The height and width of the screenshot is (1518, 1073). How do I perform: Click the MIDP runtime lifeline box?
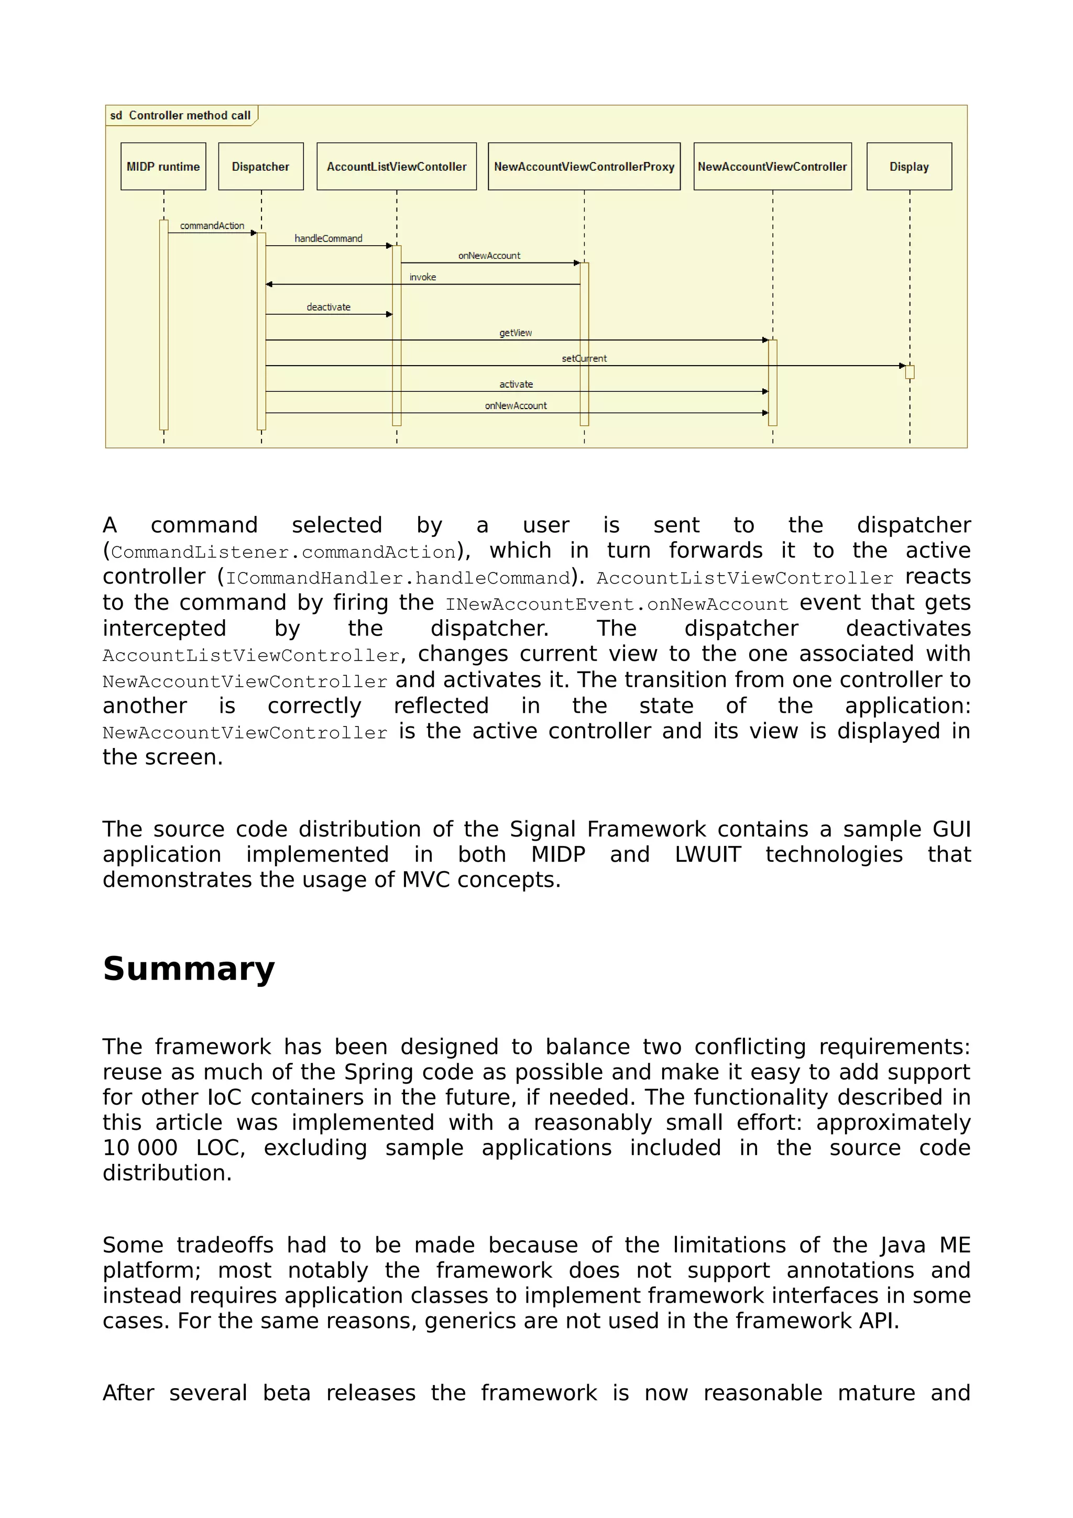(163, 167)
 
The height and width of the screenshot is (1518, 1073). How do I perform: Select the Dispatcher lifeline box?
(260, 167)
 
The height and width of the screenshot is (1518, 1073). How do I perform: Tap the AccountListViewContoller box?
(396, 167)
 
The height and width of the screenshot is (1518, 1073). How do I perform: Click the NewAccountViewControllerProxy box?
(584, 167)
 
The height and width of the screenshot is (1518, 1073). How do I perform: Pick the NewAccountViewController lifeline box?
(772, 167)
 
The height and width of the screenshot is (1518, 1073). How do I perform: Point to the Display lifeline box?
(909, 167)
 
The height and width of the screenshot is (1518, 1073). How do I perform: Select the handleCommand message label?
(329, 239)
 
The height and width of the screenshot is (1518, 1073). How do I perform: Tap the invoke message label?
(422, 277)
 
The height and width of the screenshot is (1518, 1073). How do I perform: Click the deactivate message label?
(329, 307)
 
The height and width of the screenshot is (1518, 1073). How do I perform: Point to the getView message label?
(516, 333)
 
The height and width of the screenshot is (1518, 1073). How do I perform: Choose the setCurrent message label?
(584, 358)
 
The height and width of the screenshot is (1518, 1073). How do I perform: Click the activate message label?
(516, 384)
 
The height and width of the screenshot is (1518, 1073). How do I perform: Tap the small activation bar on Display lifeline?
(910, 372)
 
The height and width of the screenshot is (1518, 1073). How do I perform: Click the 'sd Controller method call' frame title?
(180, 115)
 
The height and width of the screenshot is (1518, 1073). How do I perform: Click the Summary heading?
(189, 969)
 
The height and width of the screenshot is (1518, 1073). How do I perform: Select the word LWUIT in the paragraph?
(707, 854)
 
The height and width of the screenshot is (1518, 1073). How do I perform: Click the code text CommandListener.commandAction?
(283, 552)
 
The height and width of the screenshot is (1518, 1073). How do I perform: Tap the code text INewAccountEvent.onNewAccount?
(617, 604)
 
